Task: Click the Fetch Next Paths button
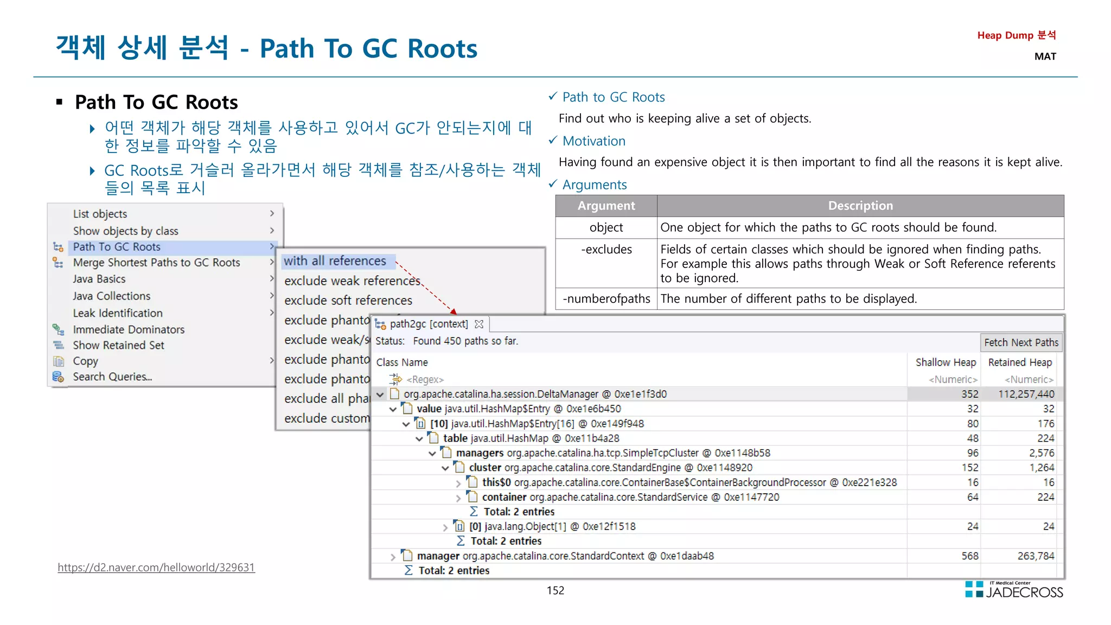click(1021, 342)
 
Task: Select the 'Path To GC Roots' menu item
click(117, 247)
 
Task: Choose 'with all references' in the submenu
click(335, 261)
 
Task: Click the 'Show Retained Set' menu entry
click(118, 345)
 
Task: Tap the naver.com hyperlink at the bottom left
click(156, 567)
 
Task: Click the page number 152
click(555, 590)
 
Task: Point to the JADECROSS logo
click(1014, 590)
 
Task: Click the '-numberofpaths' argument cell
click(606, 299)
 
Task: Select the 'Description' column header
click(860, 206)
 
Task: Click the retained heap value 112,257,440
click(1026, 394)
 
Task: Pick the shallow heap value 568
click(969, 556)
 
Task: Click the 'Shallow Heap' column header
click(946, 362)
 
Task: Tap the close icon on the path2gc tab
click(479, 324)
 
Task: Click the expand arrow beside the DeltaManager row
click(380, 394)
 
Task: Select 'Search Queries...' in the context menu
click(112, 377)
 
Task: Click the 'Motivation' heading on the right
click(593, 141)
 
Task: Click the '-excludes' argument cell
click(606, 250)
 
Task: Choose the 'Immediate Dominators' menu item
click(129, 329)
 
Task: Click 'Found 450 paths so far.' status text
click(465, 341)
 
